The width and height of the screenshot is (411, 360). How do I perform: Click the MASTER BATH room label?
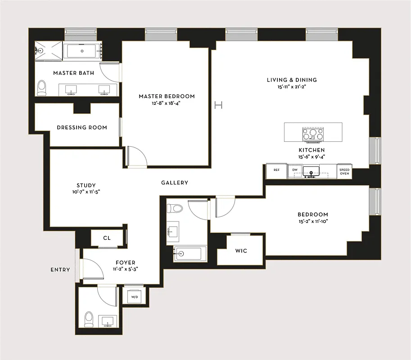[x=73, y=73]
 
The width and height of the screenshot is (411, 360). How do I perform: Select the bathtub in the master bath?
[x=82, y=51]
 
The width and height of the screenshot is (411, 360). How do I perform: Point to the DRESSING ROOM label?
[x=82, y=127]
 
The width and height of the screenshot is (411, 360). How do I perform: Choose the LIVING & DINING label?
[x=292, y=80]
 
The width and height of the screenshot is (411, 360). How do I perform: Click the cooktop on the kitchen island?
[x=313, y=134]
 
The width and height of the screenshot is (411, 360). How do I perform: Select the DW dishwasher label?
[x=295, y=170]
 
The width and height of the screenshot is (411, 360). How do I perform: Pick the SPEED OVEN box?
[x=344, y=171]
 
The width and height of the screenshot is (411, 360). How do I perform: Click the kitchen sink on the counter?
[x=311, y=171]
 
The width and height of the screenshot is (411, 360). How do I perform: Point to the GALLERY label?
[x=175, y=183]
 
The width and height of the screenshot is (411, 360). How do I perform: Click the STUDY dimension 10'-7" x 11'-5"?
[x=86, y=192]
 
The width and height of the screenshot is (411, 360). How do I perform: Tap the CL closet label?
[x=107, y=238]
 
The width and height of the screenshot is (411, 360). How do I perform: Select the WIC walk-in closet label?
[x=241, y=251]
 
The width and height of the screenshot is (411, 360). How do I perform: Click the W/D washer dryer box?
[x=134, y=297]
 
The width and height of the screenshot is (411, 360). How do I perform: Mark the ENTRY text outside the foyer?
[x=60, y=270]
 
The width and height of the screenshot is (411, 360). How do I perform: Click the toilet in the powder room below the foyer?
[x=89, y=319]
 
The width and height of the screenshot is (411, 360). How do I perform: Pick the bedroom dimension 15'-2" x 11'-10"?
[x=312, y=221]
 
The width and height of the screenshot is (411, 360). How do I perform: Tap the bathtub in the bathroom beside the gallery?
[x=190, y=254]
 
